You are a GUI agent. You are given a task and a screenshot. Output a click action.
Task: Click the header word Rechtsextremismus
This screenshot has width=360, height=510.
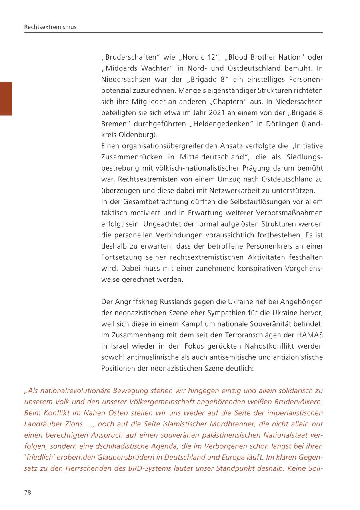click(x=50, y=27)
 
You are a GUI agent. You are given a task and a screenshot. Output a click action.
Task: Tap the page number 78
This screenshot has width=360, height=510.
click(x=28, y=492)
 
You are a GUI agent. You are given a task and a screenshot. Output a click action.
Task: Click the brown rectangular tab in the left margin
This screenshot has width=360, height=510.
click(x=6, y=98)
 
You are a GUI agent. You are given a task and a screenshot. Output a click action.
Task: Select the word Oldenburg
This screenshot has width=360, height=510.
click(x=136, y=135)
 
